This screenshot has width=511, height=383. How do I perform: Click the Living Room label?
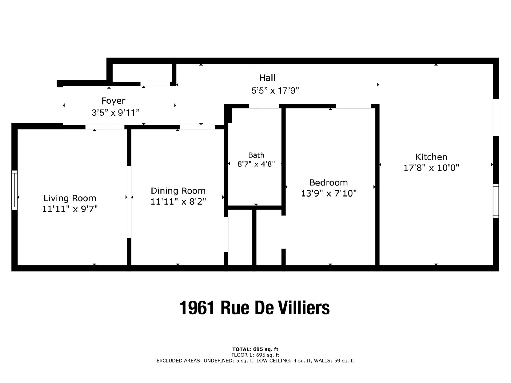(70, 198)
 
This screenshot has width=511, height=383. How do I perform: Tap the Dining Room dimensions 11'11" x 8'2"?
(178, 202)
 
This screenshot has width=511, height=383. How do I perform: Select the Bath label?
(256, 155)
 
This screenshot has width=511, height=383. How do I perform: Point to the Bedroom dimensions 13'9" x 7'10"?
(329, 193)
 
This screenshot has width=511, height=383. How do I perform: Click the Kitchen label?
(431, 157)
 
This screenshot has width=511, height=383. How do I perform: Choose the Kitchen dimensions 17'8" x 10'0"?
(431, 168)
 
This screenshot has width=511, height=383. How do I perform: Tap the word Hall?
(267, 78)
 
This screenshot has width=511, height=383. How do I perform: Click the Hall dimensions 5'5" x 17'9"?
(275, 91)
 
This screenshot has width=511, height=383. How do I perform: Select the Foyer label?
(113, 101)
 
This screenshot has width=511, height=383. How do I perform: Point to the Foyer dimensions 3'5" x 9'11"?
(116, 113)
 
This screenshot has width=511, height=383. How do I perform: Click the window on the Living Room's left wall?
(14, 190)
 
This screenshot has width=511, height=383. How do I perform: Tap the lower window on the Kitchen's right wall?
(496, 201)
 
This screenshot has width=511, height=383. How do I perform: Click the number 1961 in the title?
(197, 308)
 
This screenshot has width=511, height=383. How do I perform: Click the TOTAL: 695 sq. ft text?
(255, 349)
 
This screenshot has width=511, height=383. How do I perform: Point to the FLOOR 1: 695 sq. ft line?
(255, 355)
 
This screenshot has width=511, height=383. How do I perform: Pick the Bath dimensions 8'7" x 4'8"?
(256, 164)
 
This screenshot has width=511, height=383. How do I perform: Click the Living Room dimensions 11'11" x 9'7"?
(70, 209)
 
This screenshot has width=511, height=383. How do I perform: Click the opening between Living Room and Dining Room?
(129, 202)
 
